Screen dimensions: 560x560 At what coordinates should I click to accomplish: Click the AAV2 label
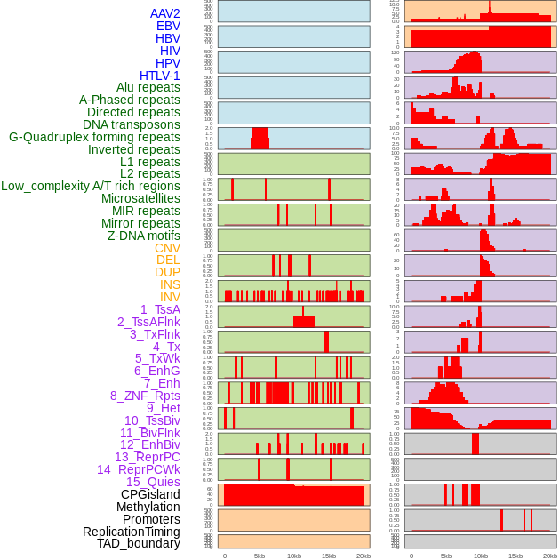(x=165, y=13)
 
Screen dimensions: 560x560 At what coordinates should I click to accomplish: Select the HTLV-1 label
(x=160, y=76)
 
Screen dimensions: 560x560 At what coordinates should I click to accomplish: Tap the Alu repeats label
(x=148, y=88)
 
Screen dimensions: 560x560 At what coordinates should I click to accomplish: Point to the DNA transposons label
(x=132, y=124)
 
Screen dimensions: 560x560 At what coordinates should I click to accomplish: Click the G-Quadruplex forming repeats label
(x=94, y=137)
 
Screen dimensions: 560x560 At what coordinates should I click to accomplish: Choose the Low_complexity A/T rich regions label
(x=91, y=186)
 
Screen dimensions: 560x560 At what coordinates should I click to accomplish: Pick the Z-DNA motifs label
(x=144, y=236)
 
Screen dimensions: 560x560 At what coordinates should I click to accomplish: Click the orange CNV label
(x=167, y=248)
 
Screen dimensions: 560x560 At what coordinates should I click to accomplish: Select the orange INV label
(x=170, y=297)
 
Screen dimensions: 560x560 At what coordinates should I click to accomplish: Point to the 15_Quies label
(x=153, y=482)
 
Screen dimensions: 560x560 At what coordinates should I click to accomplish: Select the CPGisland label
(x=150, y=494)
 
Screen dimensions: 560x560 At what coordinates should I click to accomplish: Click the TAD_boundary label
(x=139, y=543)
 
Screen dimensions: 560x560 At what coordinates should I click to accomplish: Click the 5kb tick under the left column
(x=260, y=556)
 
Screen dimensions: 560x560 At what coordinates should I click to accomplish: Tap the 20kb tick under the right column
(x=550, y=556)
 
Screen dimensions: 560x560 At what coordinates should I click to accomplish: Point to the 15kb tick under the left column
(x=328, y=556)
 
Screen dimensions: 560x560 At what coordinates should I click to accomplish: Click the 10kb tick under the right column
(x=481, y=556)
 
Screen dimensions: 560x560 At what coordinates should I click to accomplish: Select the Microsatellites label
(x=140, y=198)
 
